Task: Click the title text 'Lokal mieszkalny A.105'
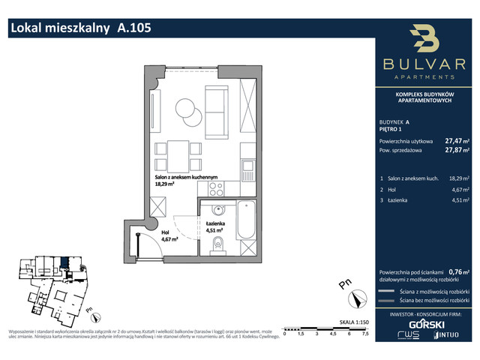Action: [80, 28]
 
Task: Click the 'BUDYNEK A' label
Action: [394, 121]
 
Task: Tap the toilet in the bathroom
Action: [217, 243]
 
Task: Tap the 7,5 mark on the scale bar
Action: [365, 335]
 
